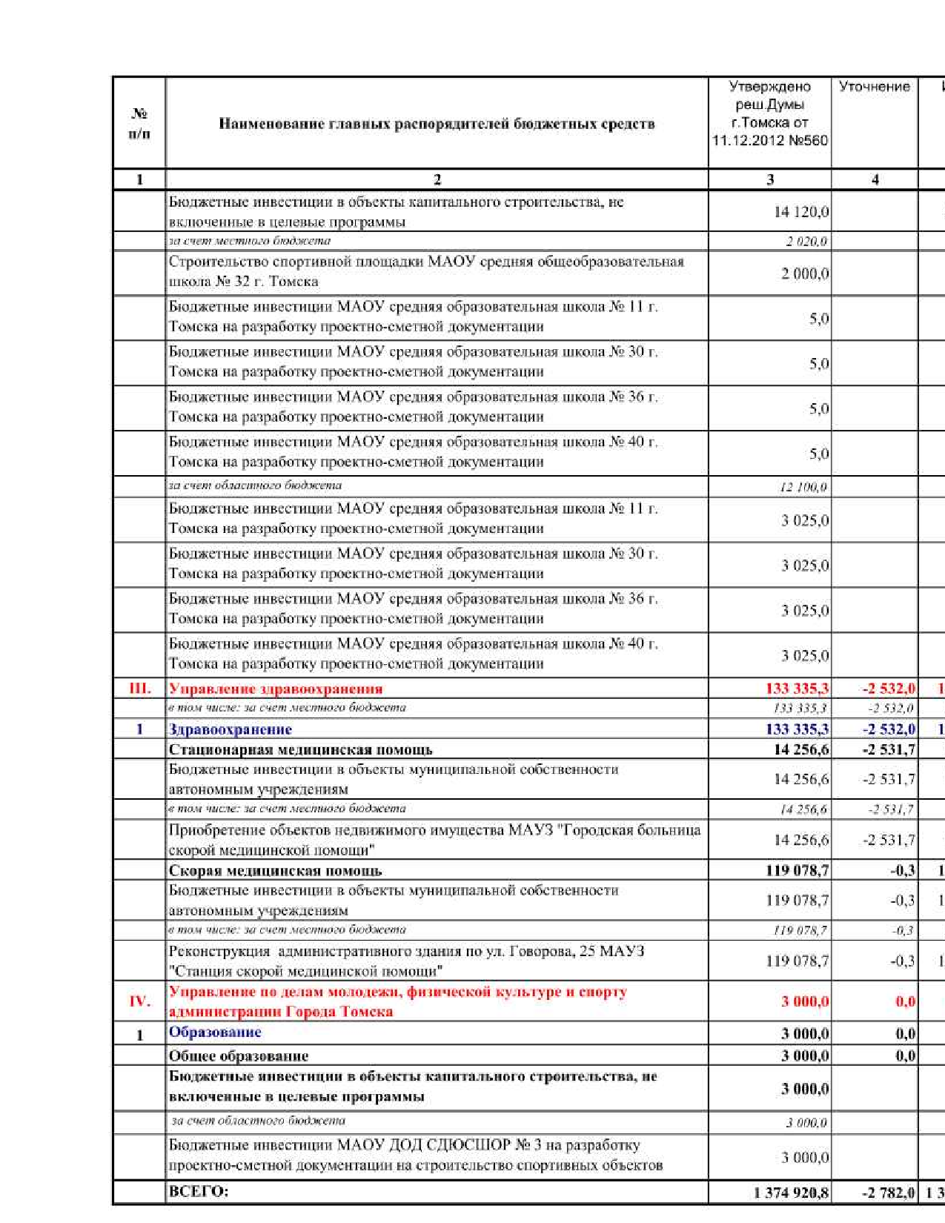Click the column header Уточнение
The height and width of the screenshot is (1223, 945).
tap(874, 87)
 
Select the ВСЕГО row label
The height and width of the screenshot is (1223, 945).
tap(199, 1192)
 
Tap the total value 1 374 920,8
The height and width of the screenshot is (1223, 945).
tap(791, 1193)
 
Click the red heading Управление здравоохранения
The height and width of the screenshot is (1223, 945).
tap(276, 689)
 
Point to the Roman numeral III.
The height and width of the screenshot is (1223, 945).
tap(139, 689)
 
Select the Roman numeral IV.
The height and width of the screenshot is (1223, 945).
tap(139, 1001)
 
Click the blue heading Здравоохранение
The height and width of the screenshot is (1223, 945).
tap(231, 729)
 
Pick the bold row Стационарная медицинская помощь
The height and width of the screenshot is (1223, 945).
tap(300, 749)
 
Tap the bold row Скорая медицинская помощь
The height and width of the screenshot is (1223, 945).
tap(275, 870)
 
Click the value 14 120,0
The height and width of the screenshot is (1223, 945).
tap(801, 212)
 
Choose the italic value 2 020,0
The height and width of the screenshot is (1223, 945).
tap(806, 242)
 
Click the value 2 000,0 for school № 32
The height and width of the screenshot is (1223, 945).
tap(805, 274)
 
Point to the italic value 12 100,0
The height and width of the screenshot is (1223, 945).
tap(803, 487)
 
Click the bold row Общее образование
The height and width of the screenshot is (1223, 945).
tap(239, 1055)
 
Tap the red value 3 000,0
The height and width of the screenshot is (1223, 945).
tap(805, 1001)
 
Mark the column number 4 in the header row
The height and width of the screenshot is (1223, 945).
tap(875, 179)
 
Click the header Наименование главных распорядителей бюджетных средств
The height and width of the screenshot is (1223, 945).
tap(437, 124)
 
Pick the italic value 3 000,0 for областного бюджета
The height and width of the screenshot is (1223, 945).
tap(806, 1123)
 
